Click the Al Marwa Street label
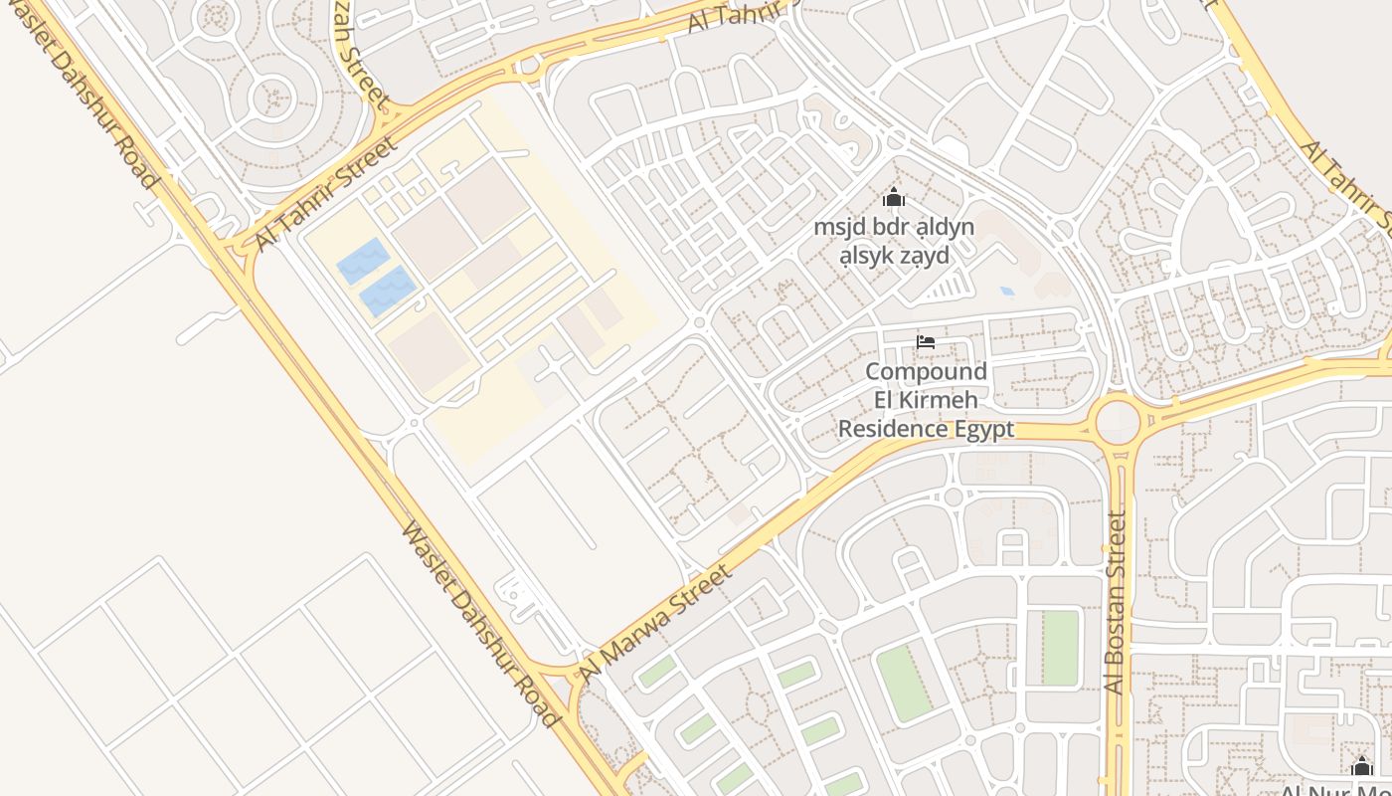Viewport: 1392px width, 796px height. pos(657,623)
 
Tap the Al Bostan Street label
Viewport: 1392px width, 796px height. pos(1116,602)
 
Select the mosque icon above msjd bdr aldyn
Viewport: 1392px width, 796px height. pos(894,197)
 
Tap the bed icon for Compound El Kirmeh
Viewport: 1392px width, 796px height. pos(926,342)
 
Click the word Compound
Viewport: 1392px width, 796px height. pos(926,372)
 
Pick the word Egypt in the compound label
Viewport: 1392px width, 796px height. pos(985,429)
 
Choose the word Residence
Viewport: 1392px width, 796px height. pos(893,429)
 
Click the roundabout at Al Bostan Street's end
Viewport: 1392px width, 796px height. pos(1118,422)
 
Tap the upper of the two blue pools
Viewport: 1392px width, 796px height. pos(362,261)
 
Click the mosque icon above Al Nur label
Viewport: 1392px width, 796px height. pos(1362,766)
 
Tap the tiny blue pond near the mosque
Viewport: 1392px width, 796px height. pos(1007,292)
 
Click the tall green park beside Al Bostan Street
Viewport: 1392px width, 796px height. pos(1059,648)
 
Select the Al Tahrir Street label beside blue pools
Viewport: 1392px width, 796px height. pos(325,192)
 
